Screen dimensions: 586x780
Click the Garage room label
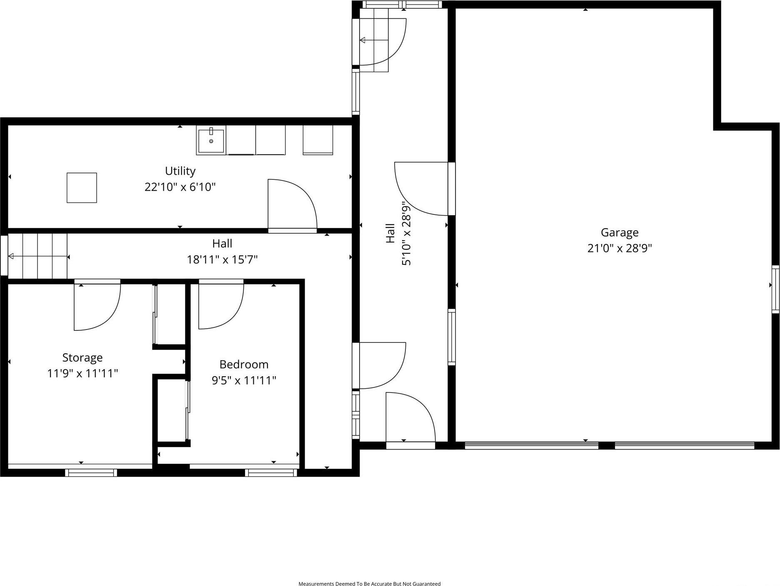coord(619,232)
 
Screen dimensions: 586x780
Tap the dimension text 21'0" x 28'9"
coord(619,249)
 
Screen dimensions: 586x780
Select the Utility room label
coord(180,171)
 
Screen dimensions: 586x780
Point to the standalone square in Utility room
coord(82,188)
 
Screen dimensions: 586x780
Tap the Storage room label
coord(82,357)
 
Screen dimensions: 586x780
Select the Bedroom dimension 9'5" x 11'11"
coord(244,380)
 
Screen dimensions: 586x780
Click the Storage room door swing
coord(97,307)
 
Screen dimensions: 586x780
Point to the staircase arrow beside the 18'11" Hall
coord(37,256)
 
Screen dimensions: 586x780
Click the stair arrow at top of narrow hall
coord(374,40)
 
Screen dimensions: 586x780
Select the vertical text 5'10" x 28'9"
coord(406,234)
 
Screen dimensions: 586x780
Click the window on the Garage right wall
coord(775,289)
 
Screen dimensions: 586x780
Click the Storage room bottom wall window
coord(91,473)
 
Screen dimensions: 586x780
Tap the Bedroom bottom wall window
coord(271,473)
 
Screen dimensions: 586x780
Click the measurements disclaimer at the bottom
coord(369,583)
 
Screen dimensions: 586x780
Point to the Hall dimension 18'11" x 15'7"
coord(222,260)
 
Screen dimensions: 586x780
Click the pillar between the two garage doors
coord(606,445)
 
